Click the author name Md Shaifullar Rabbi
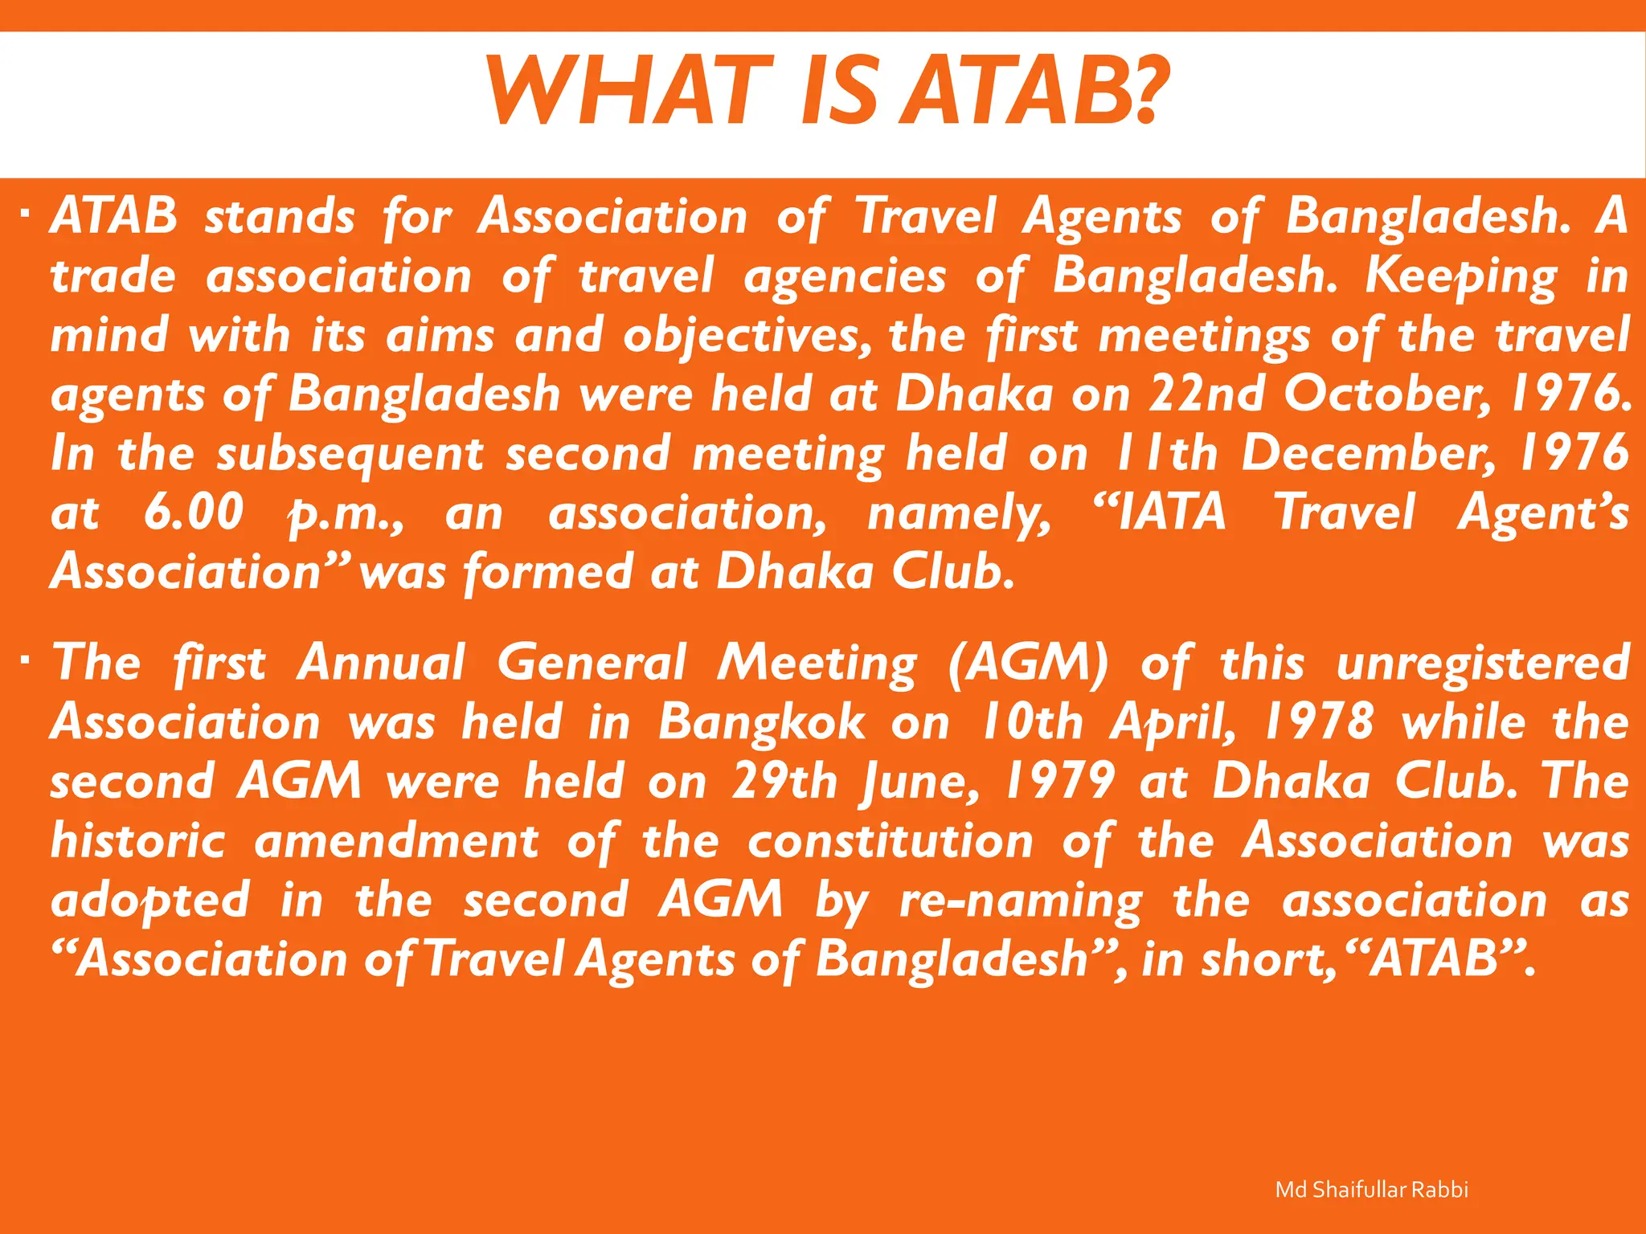pos(1371,1190)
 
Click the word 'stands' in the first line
pos(279,217)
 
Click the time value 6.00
pos(193,513)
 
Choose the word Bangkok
pos(762,722)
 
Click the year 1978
pos(1318,722)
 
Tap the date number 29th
pos(784,782)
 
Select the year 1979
pos(1060,782)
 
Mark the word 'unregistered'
pos(1483,664)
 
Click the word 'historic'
pos(137,841)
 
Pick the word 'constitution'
pos(891,841)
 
